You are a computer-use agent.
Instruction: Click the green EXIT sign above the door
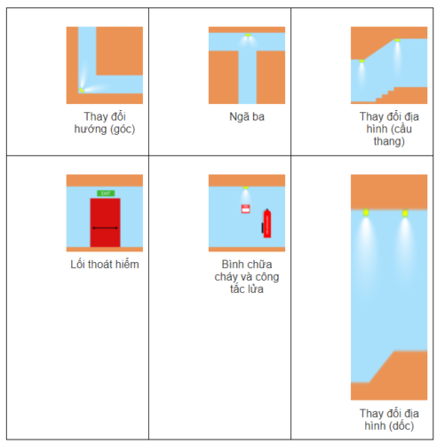click(106, 194)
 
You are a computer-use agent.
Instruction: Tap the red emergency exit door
click(105, 223)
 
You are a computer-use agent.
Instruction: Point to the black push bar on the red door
click(105, 228)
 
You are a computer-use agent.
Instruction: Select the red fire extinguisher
click(266, 224)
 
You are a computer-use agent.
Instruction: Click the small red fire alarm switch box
click(245, 209)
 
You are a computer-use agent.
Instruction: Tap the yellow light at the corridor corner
click(81, 90)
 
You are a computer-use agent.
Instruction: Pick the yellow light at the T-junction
click(248, 35)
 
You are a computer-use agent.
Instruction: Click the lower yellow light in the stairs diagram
click(362, 61)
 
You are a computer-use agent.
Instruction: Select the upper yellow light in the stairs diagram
click(397, 40)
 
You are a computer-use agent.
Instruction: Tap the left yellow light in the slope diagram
click(366, 212)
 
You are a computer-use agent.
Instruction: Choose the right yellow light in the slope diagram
click(405, 213)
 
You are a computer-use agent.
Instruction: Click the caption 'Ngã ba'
click(247, 117)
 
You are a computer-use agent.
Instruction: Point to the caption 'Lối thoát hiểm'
click(105, 264)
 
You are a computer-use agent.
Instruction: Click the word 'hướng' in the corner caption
click(91, 130)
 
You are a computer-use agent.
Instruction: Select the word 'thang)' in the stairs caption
click(389, 141)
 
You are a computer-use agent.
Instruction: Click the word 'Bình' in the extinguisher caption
click(231, 264)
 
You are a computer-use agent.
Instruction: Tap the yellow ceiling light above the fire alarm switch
click(245, 187)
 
